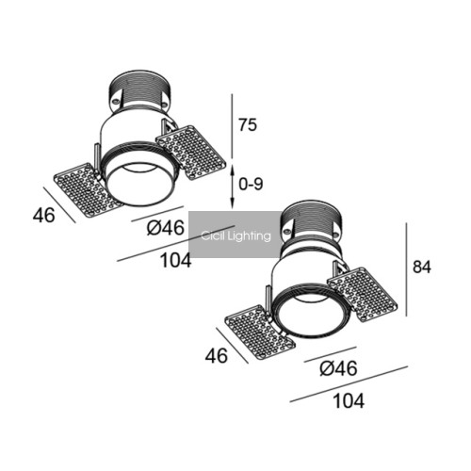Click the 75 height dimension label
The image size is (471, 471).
click(248, 124)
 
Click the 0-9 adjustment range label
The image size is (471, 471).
click(251, 184)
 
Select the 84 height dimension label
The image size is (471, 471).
click(422, 267)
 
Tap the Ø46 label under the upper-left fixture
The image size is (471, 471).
click(165, 228)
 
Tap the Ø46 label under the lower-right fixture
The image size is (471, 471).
click(338, 368)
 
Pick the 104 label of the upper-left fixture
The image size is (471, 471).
click(176, 260)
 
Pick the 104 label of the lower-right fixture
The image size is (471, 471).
click(349, 401)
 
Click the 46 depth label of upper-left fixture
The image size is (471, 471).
click(44, 216)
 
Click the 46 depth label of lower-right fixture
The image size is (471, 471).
click(217, 356)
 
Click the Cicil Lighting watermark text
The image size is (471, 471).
click(235, 235)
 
